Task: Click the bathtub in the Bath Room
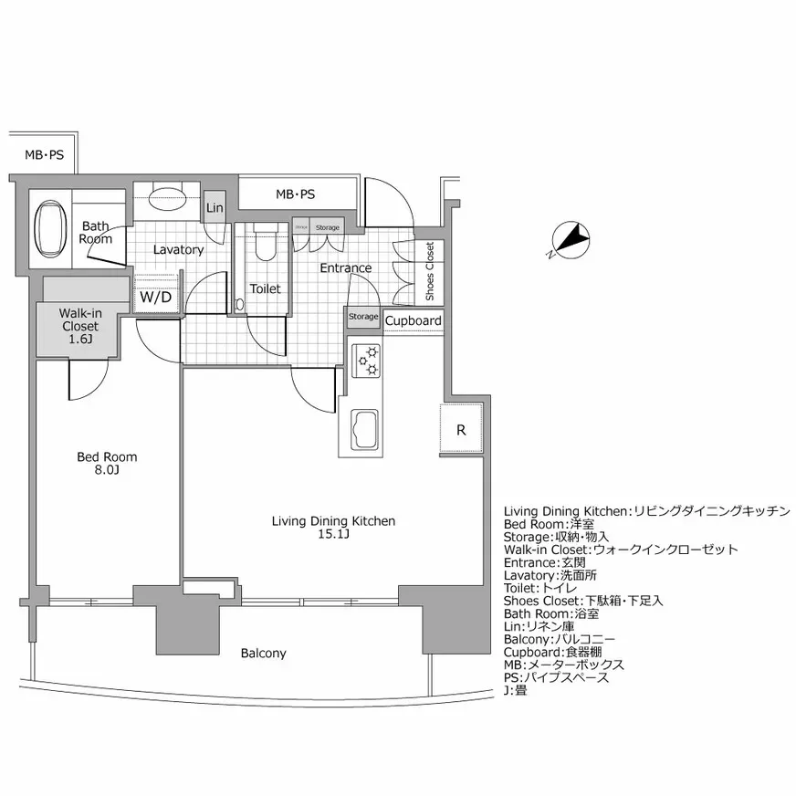52,230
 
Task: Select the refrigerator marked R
461,429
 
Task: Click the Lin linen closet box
215,208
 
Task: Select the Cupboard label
413,320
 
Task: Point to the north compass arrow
571,239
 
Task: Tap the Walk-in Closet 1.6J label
79,326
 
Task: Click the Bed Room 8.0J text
107,463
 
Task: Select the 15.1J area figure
334,535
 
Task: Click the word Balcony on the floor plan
264,654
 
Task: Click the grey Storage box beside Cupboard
362,317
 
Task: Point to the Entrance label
345,268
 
